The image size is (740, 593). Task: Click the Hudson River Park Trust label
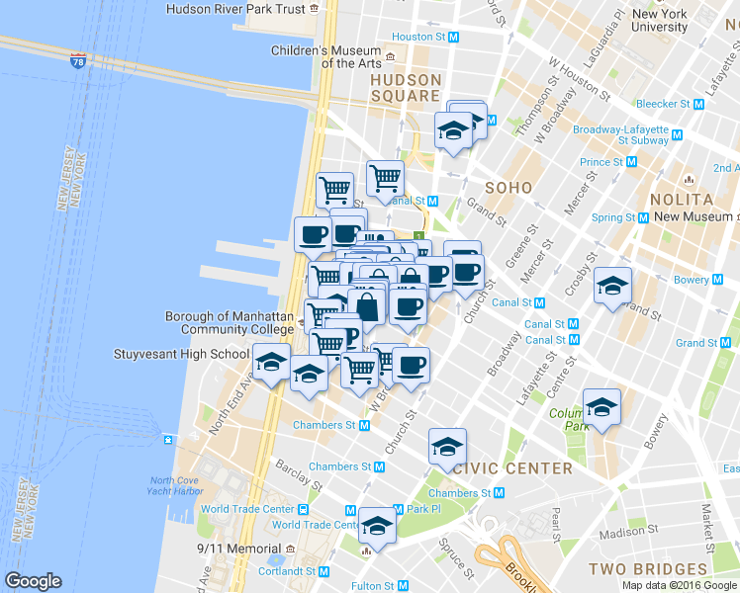pos(235,9)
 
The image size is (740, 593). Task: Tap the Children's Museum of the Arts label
pos(326,57)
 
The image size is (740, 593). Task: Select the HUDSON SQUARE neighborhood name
pos(405,88)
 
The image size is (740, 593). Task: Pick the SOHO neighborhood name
pos(509,187)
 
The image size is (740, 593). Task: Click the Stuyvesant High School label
pos(196,354)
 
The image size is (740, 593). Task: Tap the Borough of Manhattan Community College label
pos(230,323)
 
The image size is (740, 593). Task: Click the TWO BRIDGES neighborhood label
pos(648,569)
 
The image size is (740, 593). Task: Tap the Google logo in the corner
pos(33,581)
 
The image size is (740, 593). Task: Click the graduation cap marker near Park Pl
pos(377,526)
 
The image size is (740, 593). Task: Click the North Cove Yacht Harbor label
pos(176,485)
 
